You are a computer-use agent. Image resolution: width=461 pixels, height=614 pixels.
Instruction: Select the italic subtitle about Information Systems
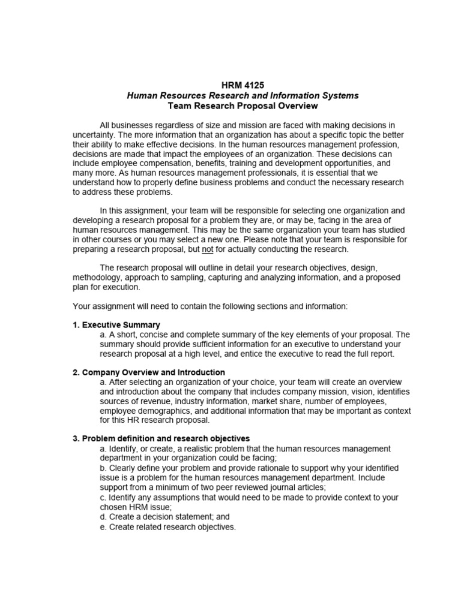(242, 96)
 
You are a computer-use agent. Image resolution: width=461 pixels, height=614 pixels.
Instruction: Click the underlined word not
(208, 249)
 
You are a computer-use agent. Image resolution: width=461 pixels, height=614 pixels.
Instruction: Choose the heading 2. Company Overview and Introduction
(149, 372)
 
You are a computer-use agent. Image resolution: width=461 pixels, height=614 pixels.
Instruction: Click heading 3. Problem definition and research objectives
(161, 438)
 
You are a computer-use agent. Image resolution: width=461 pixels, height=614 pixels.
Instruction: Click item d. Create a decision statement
(165, 516)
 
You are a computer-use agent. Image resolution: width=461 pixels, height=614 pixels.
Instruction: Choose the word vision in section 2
(340, 392)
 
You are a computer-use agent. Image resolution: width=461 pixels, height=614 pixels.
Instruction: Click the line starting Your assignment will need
(210, 306)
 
